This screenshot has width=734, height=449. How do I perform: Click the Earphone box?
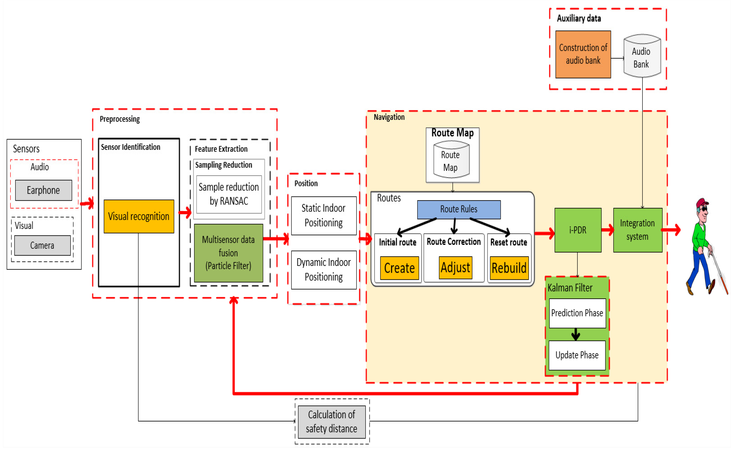point(44,190)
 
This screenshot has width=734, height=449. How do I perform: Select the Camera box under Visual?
point(42,245)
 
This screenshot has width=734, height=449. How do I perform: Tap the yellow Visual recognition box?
point(139,216)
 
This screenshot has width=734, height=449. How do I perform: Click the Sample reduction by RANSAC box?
point(229,194)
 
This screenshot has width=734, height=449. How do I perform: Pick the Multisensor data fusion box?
point(228,253)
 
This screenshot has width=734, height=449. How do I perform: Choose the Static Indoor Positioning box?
point(324,216)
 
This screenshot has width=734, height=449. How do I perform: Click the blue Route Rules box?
point(459,209)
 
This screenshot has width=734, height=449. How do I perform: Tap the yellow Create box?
point(400,268)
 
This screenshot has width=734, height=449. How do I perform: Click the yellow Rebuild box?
point(509,268)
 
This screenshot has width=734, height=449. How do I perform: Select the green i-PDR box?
point(578,230)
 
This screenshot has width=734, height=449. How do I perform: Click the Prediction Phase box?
point(577,313)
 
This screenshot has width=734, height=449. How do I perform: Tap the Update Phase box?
point(577,355)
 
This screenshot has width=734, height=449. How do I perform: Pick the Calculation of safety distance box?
point(332,422)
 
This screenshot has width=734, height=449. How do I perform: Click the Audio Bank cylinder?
point(642,57)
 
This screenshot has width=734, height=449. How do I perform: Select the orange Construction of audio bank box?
point(583,54)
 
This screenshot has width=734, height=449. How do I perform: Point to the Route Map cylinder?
point(451,160)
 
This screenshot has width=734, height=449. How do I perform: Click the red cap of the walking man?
point(702,203)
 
